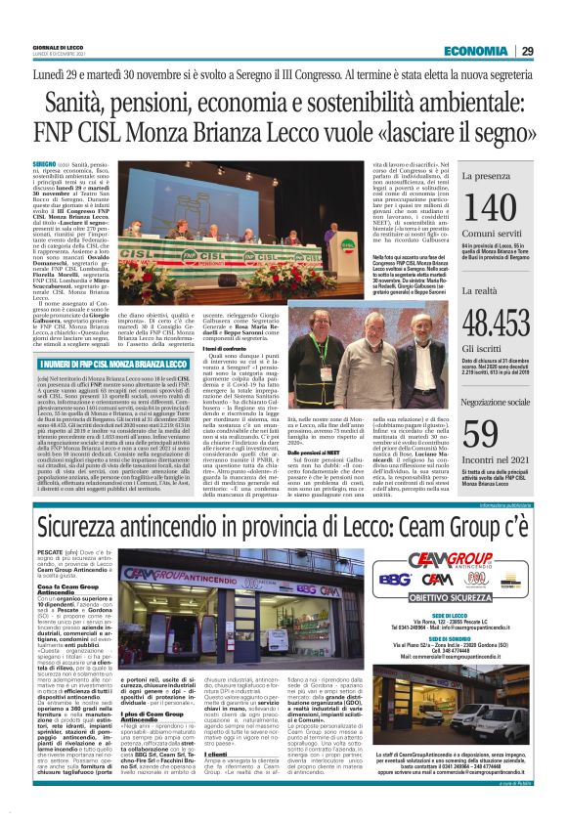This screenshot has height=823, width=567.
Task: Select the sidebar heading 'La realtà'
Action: click(478, 290)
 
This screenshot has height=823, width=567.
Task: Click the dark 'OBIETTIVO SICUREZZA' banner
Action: click(478, 598)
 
